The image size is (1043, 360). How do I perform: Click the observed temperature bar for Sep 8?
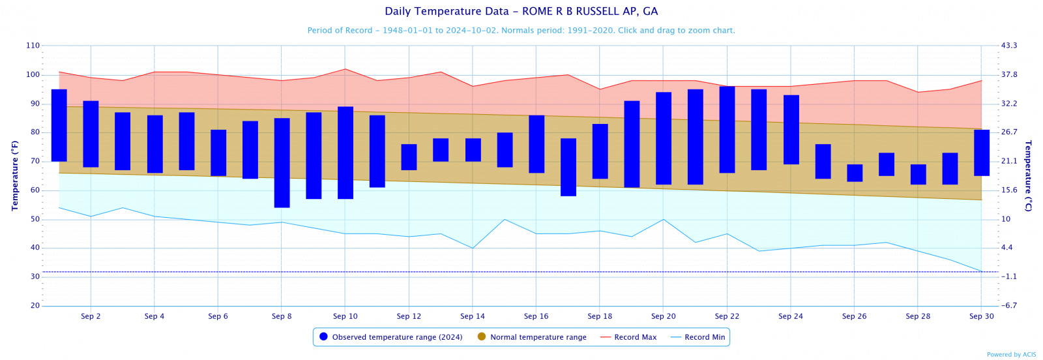[x=282, y=163]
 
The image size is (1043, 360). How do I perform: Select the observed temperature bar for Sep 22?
[x=727, y=130]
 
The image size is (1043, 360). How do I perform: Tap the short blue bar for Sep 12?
[x=409, y=157]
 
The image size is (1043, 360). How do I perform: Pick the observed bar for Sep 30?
[x=982, y=153]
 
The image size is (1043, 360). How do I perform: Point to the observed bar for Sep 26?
[x=854, y=173]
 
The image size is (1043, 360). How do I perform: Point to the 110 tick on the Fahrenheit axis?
[x=33, y=46]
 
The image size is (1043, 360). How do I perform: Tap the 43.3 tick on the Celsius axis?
[x=1009, y=46]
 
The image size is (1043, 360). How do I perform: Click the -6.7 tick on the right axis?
[x=1008, y=306]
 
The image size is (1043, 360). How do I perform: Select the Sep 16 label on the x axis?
[x=536, y=316]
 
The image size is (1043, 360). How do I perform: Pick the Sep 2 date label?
[x=91, y=316]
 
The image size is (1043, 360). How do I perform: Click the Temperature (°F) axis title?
[x=15, y=175]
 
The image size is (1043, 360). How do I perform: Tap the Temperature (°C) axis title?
[x=1028, y=175]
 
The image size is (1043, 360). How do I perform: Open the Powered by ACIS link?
[x=1011, y=355]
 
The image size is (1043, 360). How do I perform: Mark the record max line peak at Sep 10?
[x=345, y=69]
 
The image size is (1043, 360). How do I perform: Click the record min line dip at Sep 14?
[x=473, y=248]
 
